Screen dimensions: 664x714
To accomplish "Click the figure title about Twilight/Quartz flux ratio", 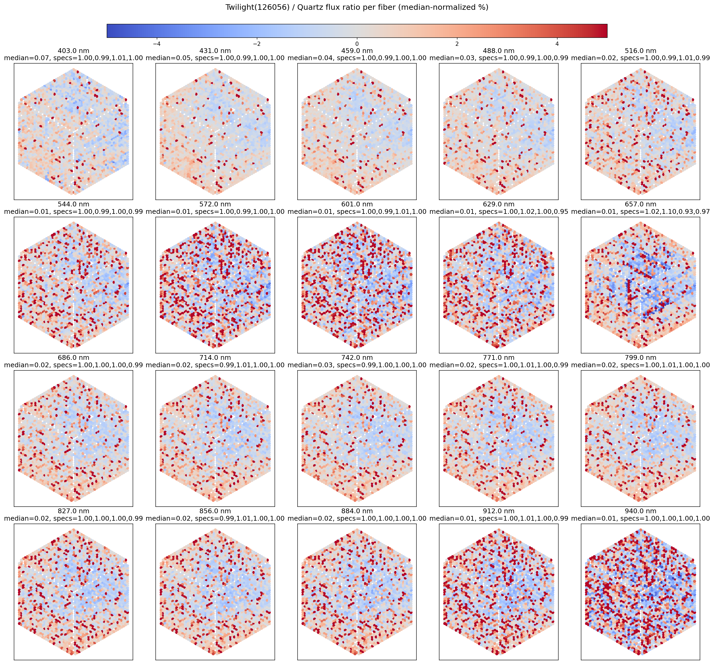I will (357, 7).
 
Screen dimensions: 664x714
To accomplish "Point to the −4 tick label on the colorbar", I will (156, 44).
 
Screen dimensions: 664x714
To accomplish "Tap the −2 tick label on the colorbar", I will (257, 44).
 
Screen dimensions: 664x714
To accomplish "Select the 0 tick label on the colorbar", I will (357, 44).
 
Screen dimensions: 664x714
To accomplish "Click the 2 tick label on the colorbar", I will (457, 44).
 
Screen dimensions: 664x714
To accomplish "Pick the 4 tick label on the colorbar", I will (557, 44).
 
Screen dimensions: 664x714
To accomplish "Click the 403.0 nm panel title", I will (73, 51).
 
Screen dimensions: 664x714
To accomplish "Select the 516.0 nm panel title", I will (640, 51).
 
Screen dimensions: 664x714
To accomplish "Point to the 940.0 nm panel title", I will (640, 511).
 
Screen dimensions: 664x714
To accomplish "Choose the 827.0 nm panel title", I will (73, 511).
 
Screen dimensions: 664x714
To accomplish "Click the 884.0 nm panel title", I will (357, 511).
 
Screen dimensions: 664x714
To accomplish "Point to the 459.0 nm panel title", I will (357, 51).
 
